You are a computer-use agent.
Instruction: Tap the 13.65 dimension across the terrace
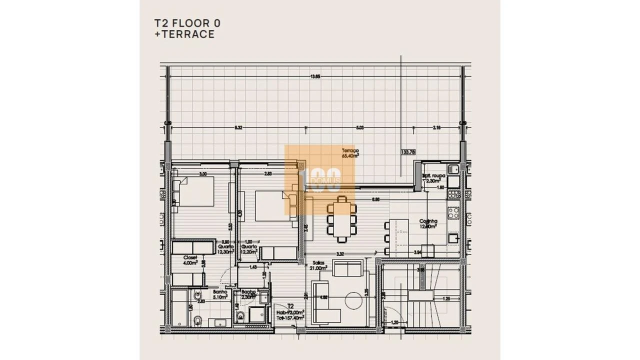[315, 76]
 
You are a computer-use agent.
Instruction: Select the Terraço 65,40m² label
[350, 152]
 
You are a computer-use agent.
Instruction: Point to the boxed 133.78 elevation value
[408, 152]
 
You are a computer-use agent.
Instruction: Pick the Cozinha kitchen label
[428, 223]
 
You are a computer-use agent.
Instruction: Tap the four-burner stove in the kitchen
[453, 212]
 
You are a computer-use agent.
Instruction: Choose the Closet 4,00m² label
[190, 260]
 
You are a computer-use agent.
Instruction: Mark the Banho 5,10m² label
[220, 294]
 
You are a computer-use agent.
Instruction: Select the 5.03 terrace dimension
[359, 128]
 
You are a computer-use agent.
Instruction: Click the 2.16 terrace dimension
[436, 128]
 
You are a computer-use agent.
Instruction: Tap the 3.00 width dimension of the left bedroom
[202, 174]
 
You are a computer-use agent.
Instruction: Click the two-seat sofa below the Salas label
[347, 269]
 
